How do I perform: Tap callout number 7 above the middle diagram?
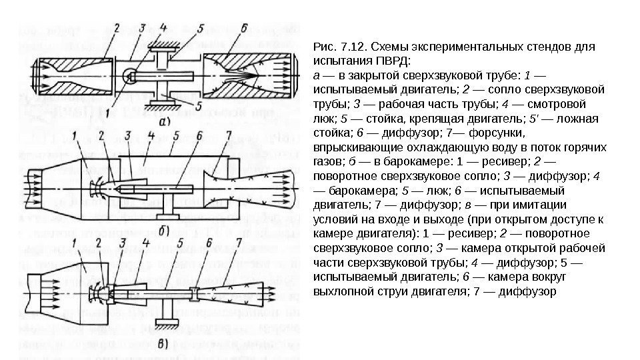[x=229, y=137]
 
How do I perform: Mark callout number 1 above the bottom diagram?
[x=76, y=243]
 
